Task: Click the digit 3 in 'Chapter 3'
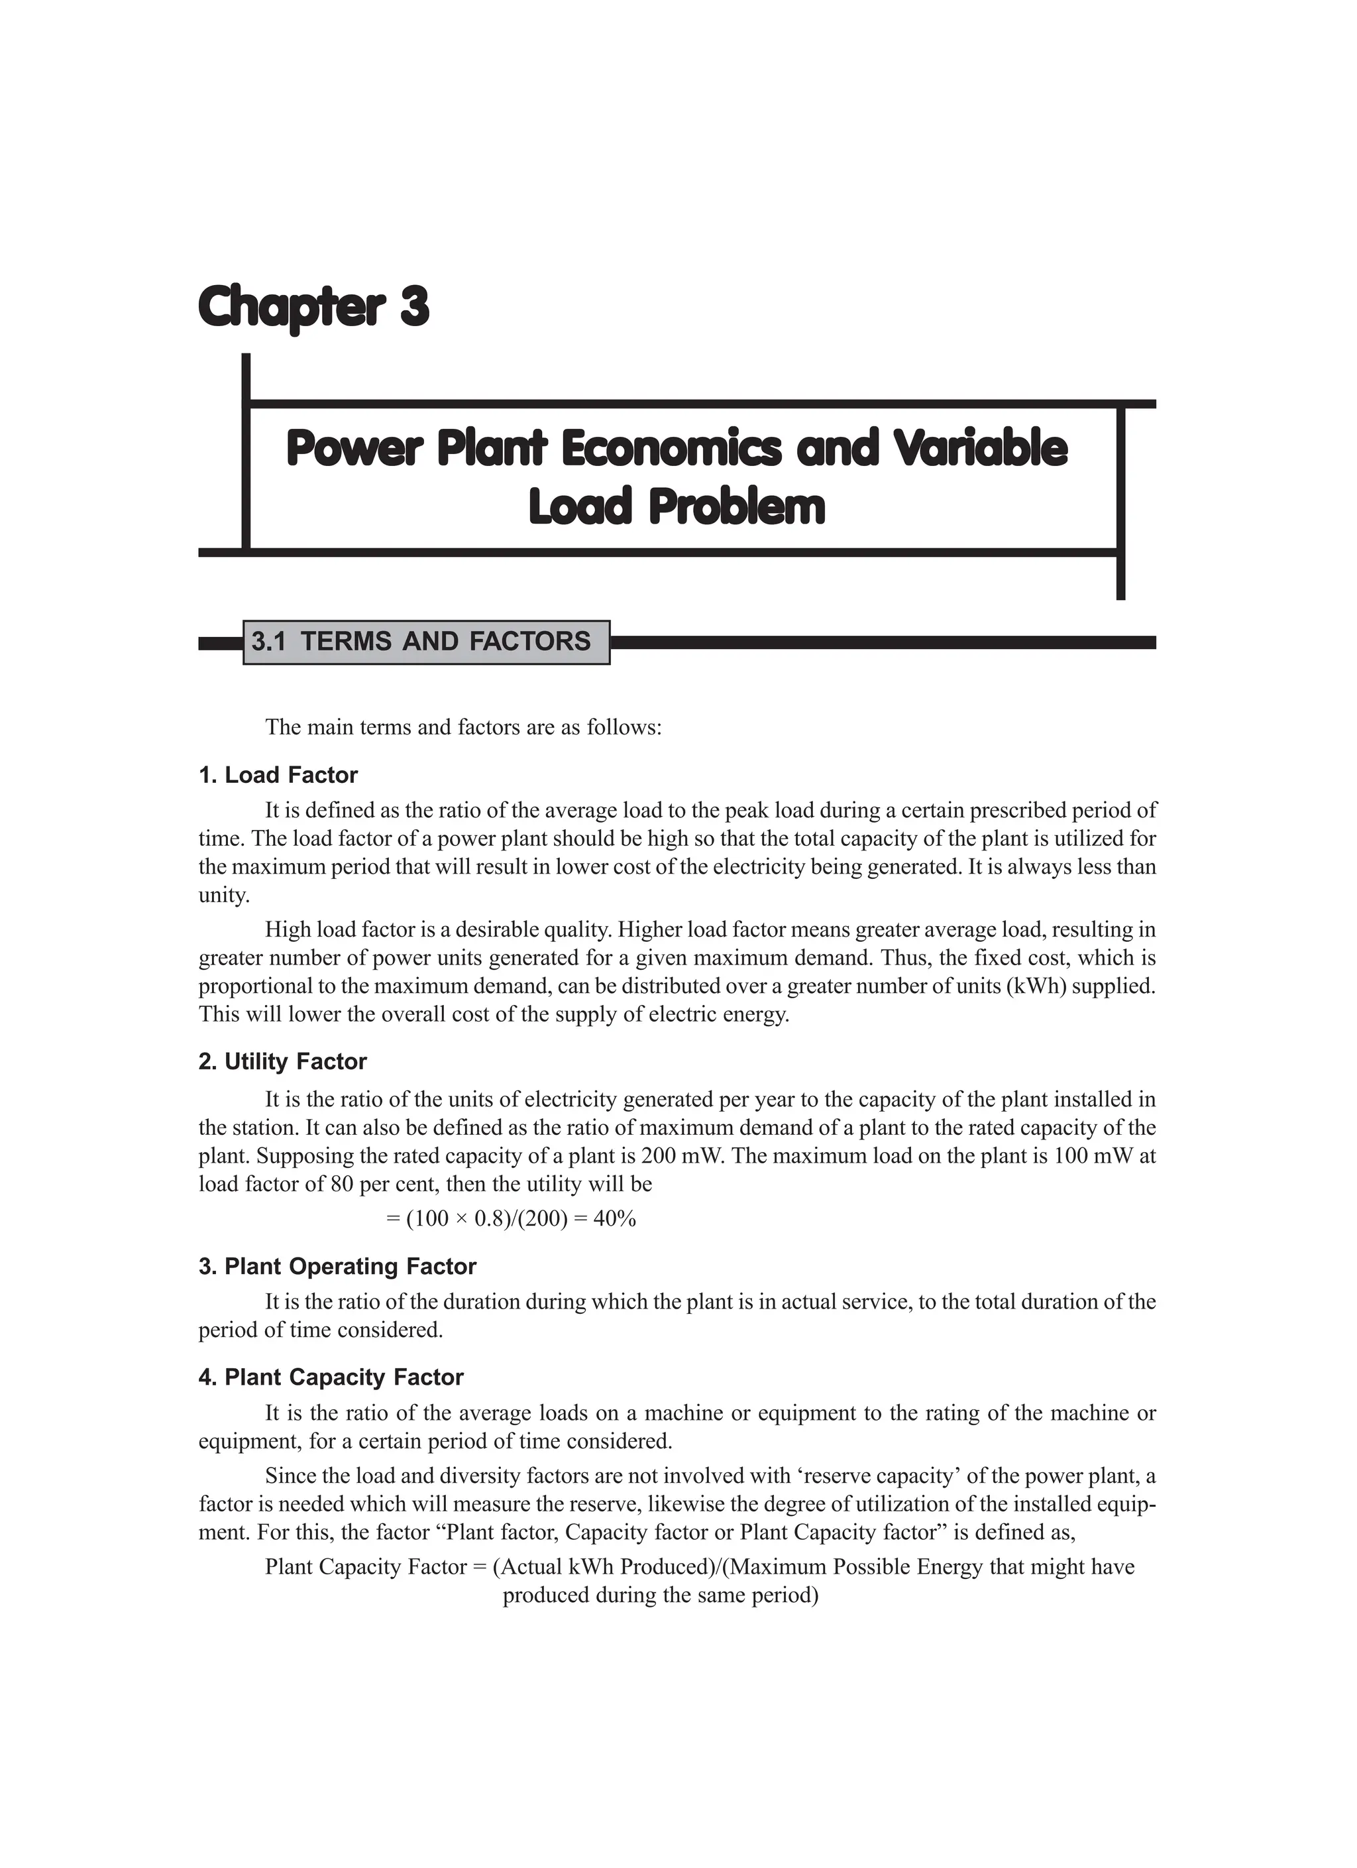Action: [x=414, y=307]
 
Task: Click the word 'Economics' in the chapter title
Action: [x=671, y=449]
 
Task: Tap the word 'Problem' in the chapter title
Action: [x=736, y=507]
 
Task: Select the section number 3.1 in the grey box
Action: [x=268, y=642]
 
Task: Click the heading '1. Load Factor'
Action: [x=278, y=775]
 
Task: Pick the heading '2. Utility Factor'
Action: [x=282, y=1062]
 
